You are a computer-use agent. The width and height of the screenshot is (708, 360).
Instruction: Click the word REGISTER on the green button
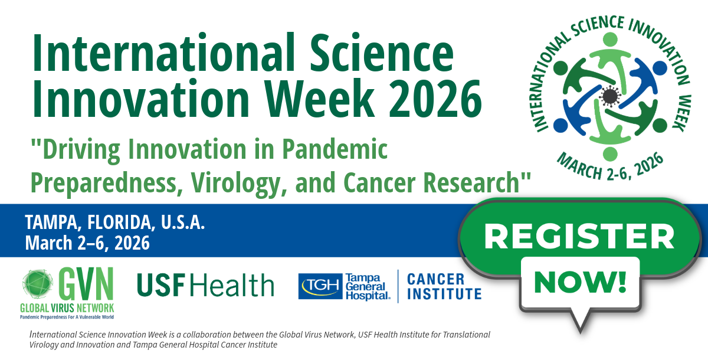579,237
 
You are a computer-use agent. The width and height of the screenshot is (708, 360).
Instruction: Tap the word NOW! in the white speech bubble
581,282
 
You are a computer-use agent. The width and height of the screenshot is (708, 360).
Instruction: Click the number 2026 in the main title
435,99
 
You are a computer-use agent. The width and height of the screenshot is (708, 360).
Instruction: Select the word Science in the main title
382,52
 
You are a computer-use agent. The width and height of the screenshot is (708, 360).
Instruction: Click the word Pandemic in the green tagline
335,149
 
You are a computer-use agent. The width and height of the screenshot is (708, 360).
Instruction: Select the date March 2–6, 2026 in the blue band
87,243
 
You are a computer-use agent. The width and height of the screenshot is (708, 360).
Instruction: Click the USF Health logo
205,285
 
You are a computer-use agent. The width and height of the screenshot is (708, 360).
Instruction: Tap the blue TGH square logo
320,286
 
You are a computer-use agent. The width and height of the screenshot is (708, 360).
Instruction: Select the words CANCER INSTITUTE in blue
444,286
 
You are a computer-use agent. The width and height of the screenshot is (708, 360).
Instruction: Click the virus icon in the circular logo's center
609,96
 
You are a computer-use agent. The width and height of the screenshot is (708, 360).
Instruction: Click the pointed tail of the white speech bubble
581,330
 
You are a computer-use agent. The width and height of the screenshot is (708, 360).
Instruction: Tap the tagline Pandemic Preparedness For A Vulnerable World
67,317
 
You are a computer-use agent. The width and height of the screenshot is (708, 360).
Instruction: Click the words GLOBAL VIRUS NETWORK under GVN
67,308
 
